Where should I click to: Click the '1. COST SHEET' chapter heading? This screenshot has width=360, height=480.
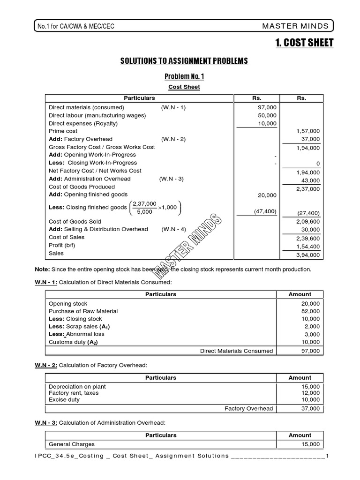(304, 43)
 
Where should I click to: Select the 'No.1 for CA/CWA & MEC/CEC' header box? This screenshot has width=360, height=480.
(76, 27)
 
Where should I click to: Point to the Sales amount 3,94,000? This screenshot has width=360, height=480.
(308, 255)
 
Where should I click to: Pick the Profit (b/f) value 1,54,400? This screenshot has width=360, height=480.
(308, 247)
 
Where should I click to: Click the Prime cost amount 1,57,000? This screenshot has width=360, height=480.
(308, 132)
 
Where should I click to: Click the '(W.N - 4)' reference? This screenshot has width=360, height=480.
(174, 229)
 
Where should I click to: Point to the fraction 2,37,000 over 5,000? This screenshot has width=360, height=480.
(145, 208)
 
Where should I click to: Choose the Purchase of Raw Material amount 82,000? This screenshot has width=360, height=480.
(310, 312)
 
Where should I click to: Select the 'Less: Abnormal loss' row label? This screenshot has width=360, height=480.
(76, 334)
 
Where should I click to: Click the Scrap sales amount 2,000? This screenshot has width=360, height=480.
(312, 327)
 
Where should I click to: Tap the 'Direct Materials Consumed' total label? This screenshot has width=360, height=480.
(236, 351)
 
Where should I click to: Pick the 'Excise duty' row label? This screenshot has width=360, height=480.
(64, 400)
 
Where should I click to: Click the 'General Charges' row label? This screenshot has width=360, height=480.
(72, 444)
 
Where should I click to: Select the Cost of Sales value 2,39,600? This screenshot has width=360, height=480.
(308, 239)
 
